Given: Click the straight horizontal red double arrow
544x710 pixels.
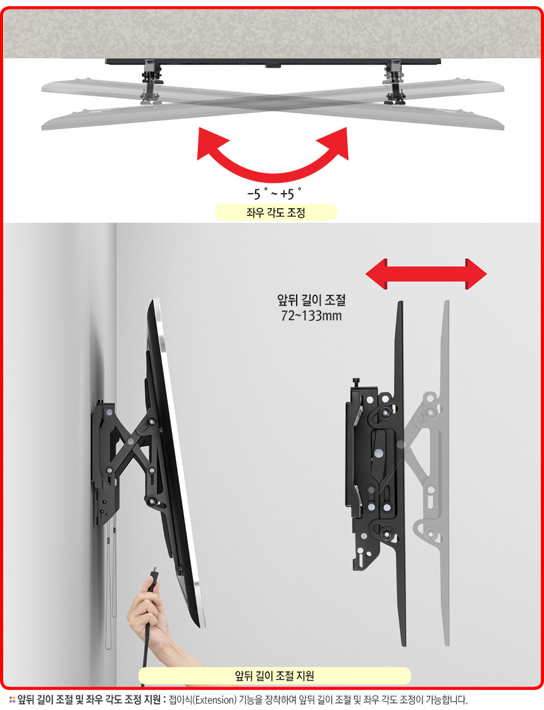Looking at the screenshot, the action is pyautogui.click(x=426, y=273).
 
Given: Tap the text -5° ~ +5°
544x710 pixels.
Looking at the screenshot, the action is pyautogui.click(x=275, y=194).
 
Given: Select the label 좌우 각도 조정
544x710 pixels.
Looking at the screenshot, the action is pyautogui.click(x=276, y=213).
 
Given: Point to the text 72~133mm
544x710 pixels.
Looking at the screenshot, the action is pyautogui.click(x=311, y=316).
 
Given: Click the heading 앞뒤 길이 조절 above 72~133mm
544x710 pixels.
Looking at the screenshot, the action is pyautogui.click(x=311, y=300).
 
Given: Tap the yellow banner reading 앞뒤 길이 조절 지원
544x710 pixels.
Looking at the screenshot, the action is pyautogui.click(x=275, y=676).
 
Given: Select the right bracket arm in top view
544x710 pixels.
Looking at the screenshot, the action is pyautogui.click(x=394, y=82).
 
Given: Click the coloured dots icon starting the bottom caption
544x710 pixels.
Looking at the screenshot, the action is pyautogui.click(x=12, y=700).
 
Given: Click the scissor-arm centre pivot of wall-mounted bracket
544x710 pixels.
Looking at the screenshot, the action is pyautogui.click(x=130, y=440).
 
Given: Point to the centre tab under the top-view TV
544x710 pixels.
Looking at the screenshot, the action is pyautogui.click(x=273, y=66).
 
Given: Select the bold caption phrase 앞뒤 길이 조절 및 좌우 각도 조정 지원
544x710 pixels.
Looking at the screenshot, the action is pyautogui.click(x=89, y=700).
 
